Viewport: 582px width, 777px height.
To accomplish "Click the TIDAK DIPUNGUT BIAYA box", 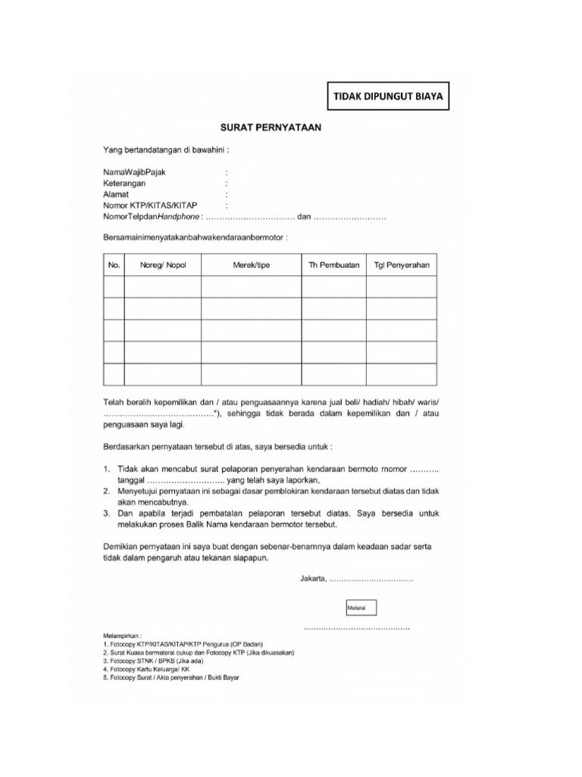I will pos(387,97).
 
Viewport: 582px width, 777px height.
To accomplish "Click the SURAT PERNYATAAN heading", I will pos(271,129).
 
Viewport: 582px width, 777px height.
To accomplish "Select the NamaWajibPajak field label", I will pos(135,172).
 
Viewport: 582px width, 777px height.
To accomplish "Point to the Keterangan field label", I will pos(124,184).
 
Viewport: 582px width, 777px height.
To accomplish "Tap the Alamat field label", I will pos(116,194).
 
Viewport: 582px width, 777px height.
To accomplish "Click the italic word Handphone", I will pos(174,217).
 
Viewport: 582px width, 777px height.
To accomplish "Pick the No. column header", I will pos(114,265).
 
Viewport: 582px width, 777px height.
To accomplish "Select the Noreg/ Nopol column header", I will pos(162,265).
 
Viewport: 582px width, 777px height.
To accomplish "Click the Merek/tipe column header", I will pos(251,265).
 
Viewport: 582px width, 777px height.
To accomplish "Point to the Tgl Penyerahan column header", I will pos(402,265).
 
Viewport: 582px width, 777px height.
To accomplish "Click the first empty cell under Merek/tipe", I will pos(251,287).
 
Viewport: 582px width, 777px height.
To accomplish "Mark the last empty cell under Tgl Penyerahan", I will pos(402,375).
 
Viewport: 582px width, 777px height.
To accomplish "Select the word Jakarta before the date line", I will pos(313,580).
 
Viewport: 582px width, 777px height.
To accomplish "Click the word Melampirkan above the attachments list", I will pos(122,635).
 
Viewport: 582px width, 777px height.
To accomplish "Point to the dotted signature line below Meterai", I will pos(357,628).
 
